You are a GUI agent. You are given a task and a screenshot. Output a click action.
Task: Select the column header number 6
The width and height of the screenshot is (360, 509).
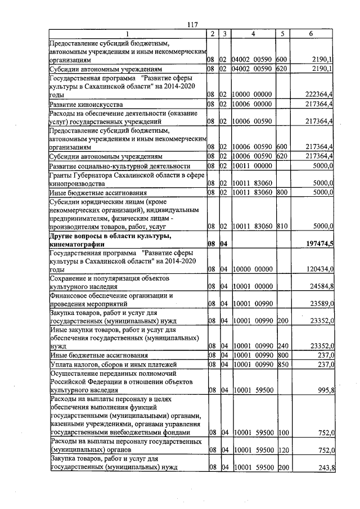(x=311, y=34)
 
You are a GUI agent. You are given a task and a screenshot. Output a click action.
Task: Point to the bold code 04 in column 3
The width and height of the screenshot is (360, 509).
(x=224, y=244)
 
